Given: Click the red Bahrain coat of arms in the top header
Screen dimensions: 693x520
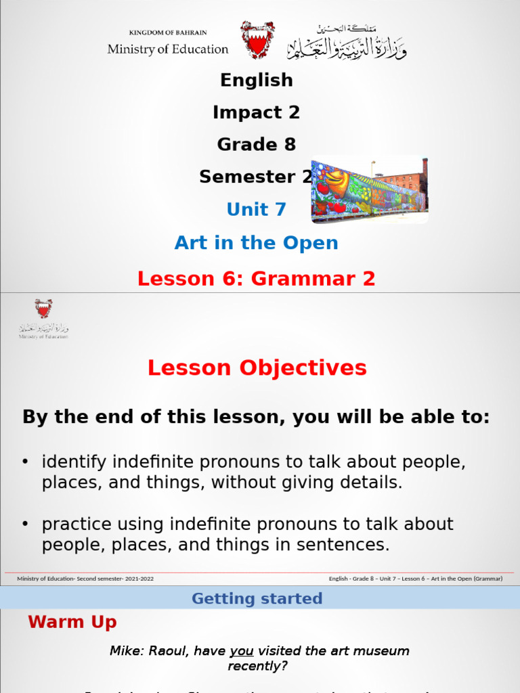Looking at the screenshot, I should pos(258,39).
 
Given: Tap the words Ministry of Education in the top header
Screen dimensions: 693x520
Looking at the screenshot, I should pos(168,49).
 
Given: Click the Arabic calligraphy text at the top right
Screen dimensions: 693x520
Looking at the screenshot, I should pos(347,42).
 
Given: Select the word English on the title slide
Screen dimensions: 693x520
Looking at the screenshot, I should pos(257,80).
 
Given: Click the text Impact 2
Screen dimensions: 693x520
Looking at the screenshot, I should pos(256,112).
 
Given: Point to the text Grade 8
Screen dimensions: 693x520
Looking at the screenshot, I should pos(256,144).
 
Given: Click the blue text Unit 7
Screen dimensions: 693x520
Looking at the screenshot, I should pos(256,210).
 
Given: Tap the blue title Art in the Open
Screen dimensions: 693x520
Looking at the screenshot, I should pos(256,243).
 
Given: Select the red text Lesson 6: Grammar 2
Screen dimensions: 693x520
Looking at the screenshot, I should pos(256,278).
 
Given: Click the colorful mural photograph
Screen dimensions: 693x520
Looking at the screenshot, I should pos(369,191).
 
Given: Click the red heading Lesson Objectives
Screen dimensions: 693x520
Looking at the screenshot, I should pos(257,368).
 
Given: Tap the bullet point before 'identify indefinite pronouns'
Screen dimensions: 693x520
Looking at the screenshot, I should pos(26,462).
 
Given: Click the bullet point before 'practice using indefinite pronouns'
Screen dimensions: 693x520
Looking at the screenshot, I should pos(26,524).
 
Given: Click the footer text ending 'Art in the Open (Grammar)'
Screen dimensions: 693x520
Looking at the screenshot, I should pos(415,579).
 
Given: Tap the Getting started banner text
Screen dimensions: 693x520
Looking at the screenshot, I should pos(257,598).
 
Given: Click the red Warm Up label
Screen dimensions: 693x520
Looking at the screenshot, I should pos(72,622).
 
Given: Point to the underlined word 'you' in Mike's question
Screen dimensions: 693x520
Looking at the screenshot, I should pos(242,651).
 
